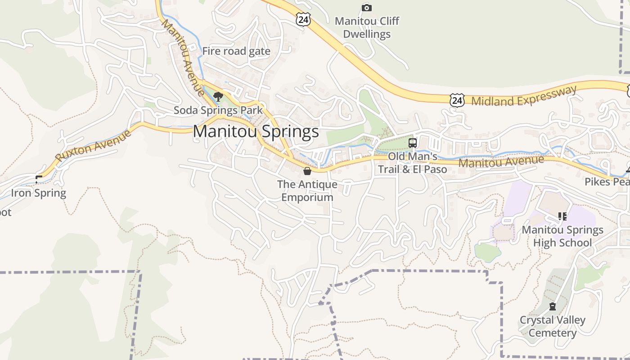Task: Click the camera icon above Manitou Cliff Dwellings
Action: tap(367, 8)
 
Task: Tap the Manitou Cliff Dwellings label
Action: tap(367, 27)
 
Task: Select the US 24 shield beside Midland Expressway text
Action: tap(457, 100)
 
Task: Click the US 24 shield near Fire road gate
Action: tap(303, 19)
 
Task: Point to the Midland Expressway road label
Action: tap(524, 96)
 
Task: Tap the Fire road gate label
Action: tap(236, 51)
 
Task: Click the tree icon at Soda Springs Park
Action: tap(218, 96)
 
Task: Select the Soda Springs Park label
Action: tap(218, 110)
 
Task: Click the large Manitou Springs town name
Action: tap(256, 131)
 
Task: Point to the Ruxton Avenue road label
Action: tap(94, 145)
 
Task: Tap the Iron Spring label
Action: tap(39, 193)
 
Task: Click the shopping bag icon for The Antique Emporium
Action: tap(307, 171)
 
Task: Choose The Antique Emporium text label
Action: tap(307, 191)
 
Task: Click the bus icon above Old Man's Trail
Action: tap(412, 143)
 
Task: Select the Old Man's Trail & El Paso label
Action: tap(412, 163)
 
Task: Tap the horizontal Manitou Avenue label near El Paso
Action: tap(501, 161)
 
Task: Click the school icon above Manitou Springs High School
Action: tap(562, 216)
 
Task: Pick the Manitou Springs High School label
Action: tap(562, 236)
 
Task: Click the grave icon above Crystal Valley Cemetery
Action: tap(553, 307)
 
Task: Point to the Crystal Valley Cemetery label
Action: tap(553, 327)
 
